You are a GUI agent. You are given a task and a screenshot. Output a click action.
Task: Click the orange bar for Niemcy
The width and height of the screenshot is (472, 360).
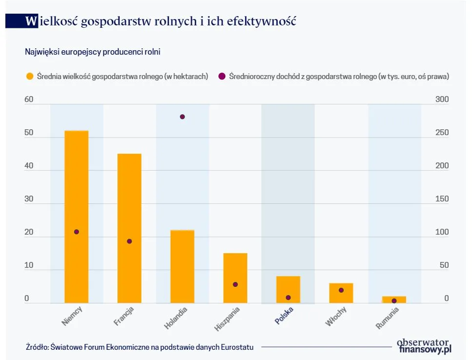click(x=77, y=217)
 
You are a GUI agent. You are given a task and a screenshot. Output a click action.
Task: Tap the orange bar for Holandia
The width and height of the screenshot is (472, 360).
click(x=182, y=266)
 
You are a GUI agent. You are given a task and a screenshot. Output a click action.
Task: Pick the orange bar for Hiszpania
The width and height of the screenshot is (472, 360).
click(x=235, y=278)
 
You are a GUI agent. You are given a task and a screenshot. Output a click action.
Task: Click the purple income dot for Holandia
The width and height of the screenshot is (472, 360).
click(x=182, y=117)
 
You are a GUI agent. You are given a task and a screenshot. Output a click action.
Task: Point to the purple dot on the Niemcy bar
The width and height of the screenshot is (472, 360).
click(x=77, y=232)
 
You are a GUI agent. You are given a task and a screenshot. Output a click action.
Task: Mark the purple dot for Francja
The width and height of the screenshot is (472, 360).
click(x=129, y=241)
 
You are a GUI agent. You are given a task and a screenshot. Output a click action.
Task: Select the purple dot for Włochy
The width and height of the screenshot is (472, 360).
click(x=341, y=290)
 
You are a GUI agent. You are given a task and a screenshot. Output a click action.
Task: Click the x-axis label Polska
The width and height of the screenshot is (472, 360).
click(x=284, y=316)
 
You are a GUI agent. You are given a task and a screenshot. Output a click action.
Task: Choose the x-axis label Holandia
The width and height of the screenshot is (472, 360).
click(x=176, y=317)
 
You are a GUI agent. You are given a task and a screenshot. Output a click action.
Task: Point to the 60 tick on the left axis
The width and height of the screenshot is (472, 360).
click(x=29, y=100)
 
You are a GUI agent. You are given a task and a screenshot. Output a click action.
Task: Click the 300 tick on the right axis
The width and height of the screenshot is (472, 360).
click(x=442, y=100)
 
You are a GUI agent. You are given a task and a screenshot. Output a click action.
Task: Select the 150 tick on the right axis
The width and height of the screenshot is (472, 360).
click(x=442, y=199)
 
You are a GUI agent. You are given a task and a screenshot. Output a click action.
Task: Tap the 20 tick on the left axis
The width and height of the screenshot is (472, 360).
click(x=29, y=232)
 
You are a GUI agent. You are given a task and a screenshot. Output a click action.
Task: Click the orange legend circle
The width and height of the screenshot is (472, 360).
click(x=30, y=76)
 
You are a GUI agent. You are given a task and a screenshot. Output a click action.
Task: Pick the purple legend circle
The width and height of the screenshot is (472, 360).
click(x=221, y=76)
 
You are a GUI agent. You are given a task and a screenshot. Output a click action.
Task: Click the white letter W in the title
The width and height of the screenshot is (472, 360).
click(x=31, y=21)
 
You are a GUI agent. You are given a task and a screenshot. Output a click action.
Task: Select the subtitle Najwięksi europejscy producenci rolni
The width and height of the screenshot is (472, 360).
click(x=92, y=52)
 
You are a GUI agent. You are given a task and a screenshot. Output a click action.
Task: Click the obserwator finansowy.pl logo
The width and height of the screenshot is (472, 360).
click(x=424, y=345)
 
